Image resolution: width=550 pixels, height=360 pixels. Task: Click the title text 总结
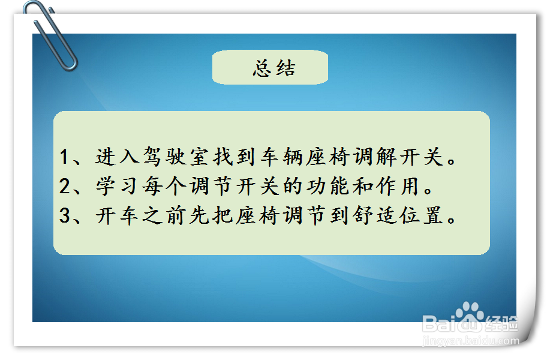[x=274, y=68]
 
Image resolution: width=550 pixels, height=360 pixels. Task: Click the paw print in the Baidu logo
[x=468, y=313]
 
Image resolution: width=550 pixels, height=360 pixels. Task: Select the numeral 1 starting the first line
[x=65, y=157]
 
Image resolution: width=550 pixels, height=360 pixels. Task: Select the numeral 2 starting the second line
[x=65, y=187]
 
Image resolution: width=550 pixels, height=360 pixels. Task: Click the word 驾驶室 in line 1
[x=168, y=157]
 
